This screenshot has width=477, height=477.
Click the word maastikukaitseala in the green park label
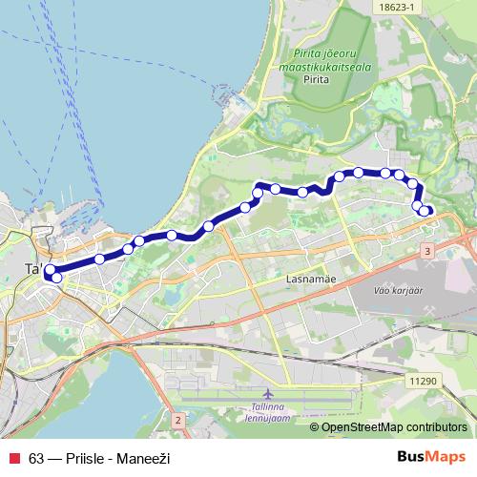point(312,67)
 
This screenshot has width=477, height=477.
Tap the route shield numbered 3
point(427,250)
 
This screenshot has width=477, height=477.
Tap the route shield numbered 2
point(178,420)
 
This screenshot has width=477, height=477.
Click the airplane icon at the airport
point(267,393)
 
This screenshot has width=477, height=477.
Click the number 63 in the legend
point(36,459)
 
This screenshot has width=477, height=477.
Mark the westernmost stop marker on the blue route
point(50,270)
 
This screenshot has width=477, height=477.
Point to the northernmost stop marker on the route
point(359,173)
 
